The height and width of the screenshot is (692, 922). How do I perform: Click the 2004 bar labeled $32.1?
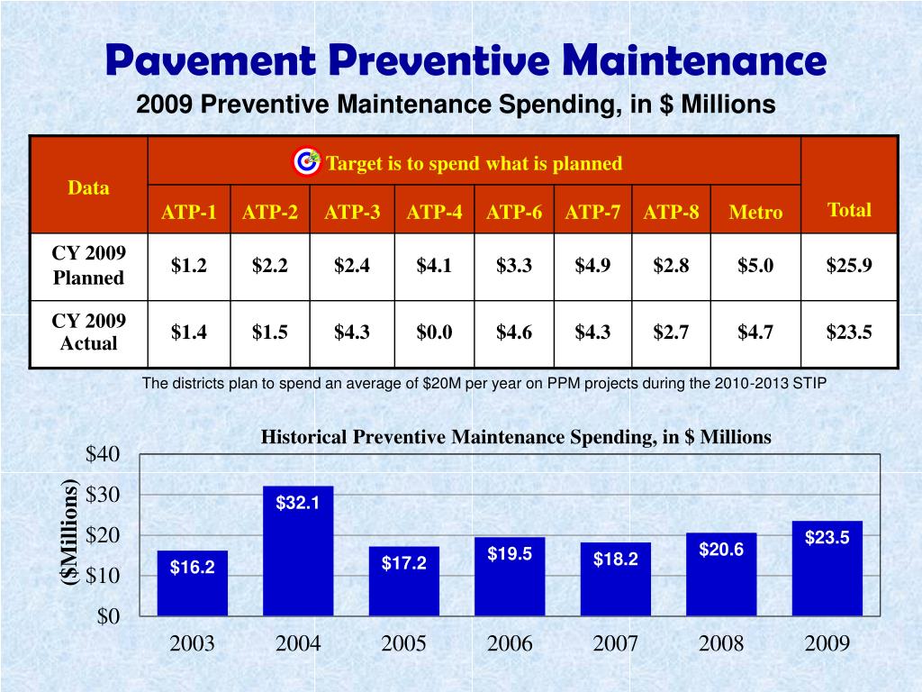click(x=298, y=550)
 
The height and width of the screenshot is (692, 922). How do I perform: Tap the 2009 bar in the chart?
click(x=827, y=568)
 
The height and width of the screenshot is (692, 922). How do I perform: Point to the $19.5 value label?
click(x=510, y=554)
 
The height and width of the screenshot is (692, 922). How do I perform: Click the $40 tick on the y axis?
click(x=102, y=454)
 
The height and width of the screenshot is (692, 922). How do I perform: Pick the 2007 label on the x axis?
click(x=616, y=643)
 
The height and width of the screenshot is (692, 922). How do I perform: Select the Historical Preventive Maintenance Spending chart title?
click(x=516, y=437)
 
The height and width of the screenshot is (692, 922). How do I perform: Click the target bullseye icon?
click(x=307, y=162)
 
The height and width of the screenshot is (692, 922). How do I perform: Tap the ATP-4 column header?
click(x=435, y=212)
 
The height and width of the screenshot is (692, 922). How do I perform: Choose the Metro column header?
click(x=755, y=212)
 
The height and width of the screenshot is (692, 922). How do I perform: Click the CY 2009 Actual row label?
click(x=88, y=332)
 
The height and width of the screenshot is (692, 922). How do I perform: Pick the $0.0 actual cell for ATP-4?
click(x=434, y=332)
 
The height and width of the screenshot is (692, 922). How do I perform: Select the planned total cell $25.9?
click(x=849, y=265)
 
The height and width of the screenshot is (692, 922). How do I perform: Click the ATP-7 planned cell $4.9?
click(x=593, y=265)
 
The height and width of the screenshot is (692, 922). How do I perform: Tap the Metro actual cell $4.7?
click(x=755, y=332)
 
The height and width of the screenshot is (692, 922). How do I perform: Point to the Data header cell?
click(x=88, y=187)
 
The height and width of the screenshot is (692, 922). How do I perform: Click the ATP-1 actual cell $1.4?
click(x=189, y=332)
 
